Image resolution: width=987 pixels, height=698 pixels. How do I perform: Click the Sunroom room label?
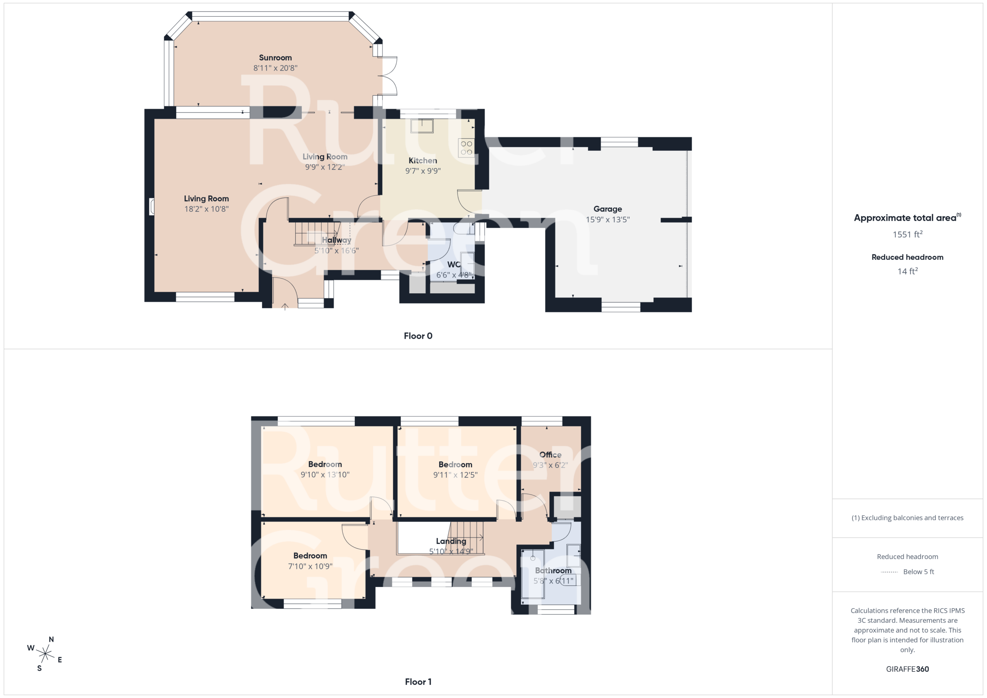coord(275,57)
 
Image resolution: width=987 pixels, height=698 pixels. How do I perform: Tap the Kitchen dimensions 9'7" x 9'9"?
coord(423,171)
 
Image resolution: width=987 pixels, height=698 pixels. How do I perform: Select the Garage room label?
coord(607,209)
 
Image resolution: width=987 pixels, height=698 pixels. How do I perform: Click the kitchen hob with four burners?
coord(467,148)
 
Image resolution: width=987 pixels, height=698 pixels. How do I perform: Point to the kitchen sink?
coord(422,126)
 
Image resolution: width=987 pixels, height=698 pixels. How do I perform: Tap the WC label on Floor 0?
coord(453,264)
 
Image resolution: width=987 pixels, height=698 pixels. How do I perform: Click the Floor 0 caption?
coord(418,336)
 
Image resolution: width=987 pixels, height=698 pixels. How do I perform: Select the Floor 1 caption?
coord(418,682)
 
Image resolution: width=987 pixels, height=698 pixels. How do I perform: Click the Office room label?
coord(550,455)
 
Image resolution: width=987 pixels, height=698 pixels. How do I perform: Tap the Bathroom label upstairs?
coord(553,570)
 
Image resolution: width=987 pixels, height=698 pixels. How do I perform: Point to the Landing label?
coord(451,541)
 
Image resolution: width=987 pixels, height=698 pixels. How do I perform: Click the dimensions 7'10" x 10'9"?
coord(310,567)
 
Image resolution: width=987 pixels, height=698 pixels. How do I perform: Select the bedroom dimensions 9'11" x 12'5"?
coord(455,475)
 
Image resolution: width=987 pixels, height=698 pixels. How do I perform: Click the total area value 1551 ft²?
coord(908,234)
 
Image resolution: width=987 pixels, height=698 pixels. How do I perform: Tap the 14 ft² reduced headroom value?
coord(908,271)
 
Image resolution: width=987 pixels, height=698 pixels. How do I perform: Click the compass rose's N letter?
coord(51,639)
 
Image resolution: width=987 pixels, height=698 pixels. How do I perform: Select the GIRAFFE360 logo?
coord(907,669)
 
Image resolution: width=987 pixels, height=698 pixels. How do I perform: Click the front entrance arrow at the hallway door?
coord(285,306)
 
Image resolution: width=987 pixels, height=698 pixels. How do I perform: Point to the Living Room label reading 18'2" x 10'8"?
coord(206,204)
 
